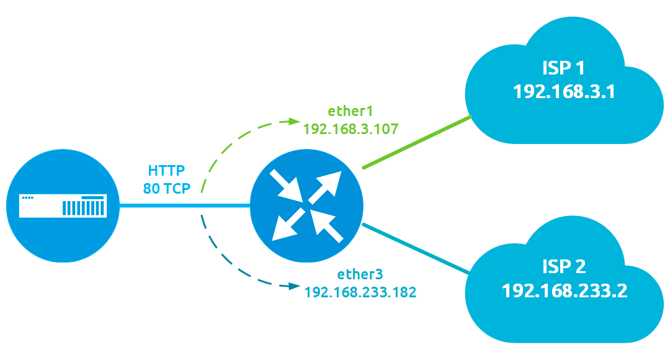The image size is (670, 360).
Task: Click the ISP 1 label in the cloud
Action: pyautogui.click(x=563, y=68)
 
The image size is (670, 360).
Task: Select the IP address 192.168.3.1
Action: pyautogui.click(x=563, y=92)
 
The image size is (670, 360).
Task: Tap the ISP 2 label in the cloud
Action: pyautogui.click(x=563, y=266)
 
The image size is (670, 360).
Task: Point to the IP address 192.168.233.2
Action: pyautogui.click(x=564, y=290)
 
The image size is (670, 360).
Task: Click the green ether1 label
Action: pyautogui.click(x=350, y=112)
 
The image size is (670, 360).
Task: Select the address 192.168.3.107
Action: pyautogui.click(x=350, y=129)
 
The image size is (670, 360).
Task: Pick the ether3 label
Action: pyautogui.click(x=360, y=274)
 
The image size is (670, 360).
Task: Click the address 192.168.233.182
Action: pyautogui.click(x=360, y=291)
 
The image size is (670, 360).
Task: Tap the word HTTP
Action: pyautogui.click(x=166, y=170)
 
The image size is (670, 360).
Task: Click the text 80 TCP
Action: pyautogui.click(x=166, y=187)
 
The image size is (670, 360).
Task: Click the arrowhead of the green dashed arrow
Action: pyautogui.click(x=292, y=121)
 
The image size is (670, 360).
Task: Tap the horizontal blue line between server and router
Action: pyautogui.click(x=184, y=206)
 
